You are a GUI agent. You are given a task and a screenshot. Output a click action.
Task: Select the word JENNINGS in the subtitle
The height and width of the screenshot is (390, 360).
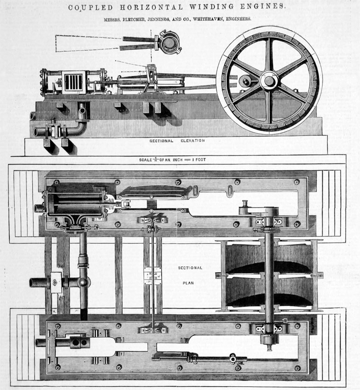point(161,19)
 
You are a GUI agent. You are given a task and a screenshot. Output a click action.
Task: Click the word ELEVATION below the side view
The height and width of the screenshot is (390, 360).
point(192,141)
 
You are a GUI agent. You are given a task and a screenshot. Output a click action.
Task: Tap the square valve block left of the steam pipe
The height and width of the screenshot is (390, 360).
point(56,283)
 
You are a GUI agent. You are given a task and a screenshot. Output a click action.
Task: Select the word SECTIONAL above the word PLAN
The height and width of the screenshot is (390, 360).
point(190,268)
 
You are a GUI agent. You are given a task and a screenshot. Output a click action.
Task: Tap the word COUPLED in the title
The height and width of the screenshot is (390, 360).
point(88,8)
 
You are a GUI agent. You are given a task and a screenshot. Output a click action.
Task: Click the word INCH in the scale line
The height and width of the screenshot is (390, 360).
point(179,160)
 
